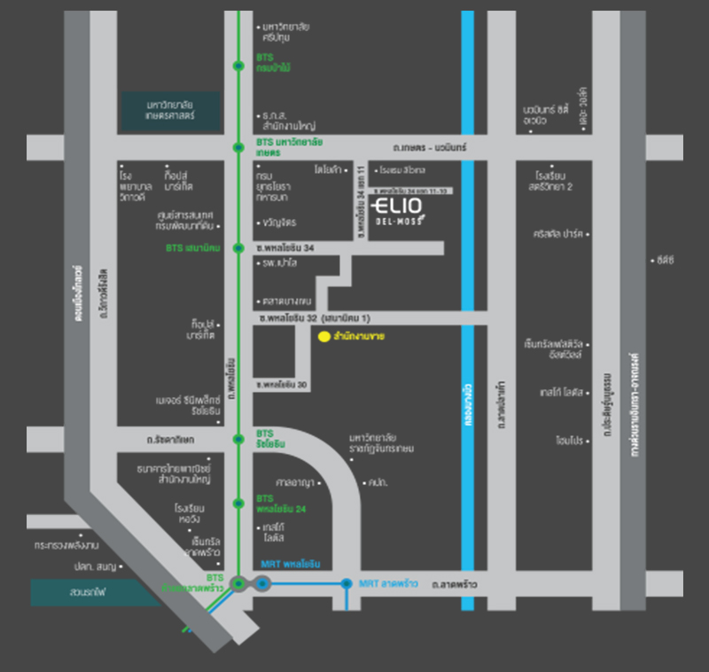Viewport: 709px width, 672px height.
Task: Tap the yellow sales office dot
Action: [x=324, y=337]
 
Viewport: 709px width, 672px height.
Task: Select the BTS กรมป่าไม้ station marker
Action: [x=238, y=66]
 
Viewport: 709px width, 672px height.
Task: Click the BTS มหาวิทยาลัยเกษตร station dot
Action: [x=238, y=145]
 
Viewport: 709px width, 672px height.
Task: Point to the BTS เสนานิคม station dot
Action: [x=238, y=248]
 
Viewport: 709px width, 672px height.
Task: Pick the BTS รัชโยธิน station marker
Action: [x=238, y=438]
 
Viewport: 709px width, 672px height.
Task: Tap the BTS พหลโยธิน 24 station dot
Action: [x=238, y=503]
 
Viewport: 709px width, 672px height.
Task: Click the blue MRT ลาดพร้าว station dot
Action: [x=346, y=583]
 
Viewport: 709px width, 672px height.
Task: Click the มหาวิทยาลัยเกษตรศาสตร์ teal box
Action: [x=171, y=109]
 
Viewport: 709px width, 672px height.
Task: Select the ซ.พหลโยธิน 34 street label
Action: [x=285, y=248]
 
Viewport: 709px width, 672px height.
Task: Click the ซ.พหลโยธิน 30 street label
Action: [x=283, y=384]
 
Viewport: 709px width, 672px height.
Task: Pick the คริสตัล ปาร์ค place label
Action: [x=558, y=234]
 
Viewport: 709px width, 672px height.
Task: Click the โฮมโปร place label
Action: [x=567, y=440]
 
